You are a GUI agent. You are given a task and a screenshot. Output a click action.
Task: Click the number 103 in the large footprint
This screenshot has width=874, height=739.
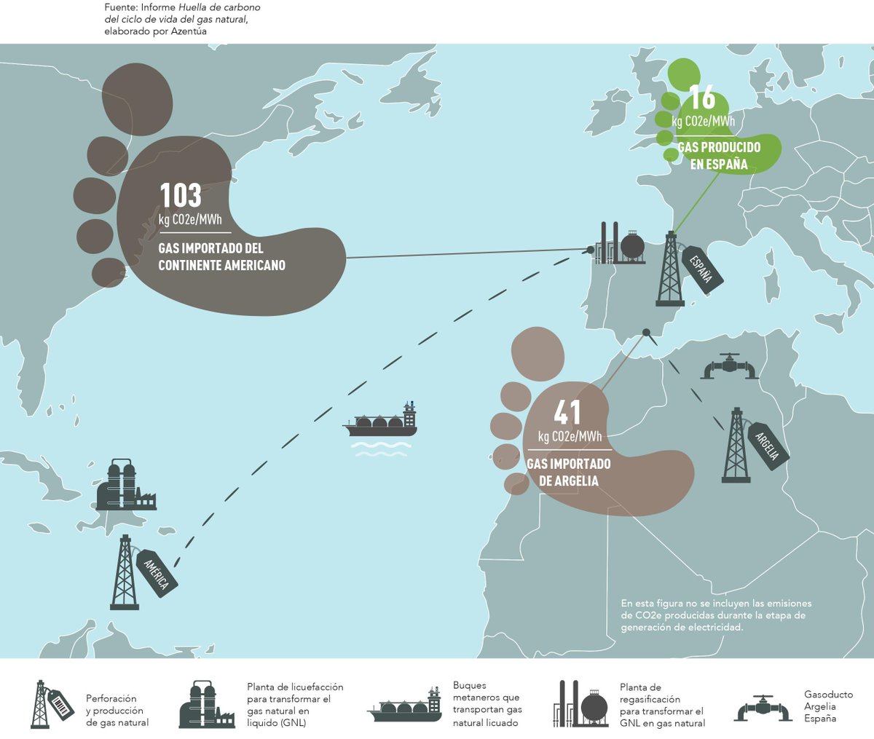[181, 195]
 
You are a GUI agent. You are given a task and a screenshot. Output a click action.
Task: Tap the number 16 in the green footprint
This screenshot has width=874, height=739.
[702, 98]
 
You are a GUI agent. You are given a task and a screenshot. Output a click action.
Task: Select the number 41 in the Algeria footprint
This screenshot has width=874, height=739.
[567, 413]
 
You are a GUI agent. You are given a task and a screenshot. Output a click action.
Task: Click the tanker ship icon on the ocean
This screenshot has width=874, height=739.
[381, 422]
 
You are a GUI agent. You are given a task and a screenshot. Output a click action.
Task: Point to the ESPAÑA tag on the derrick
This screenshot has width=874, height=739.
[699, 269]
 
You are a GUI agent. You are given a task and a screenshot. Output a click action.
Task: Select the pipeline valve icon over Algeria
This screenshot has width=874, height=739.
[730, 368]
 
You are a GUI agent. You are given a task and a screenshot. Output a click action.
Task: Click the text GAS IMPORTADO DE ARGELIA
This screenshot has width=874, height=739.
[569, 473]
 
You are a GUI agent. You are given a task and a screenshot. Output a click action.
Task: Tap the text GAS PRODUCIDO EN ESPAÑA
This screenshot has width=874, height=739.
[719, 156]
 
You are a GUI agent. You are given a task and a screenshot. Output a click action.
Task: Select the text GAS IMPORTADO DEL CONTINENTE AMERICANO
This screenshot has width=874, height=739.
[221, 256]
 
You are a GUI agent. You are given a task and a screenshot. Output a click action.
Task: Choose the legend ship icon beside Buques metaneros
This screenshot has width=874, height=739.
[405, 705]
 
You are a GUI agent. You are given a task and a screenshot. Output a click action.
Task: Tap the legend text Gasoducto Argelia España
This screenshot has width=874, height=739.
[828, 706]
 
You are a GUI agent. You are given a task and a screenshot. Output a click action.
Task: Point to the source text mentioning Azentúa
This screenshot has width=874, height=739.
[182, 19]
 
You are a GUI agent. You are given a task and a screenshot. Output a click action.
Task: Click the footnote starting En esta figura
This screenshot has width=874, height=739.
[716, 615]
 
